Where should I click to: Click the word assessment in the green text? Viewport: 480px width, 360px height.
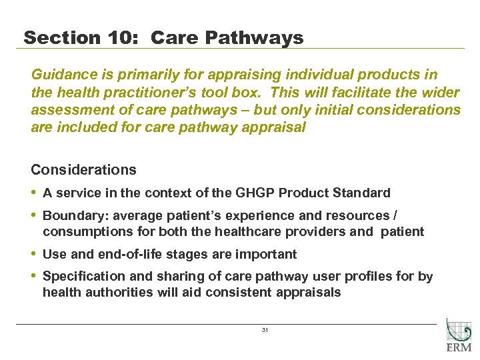[x=70, y=110]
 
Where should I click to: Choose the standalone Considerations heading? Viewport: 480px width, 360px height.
[x=83, y=170]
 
